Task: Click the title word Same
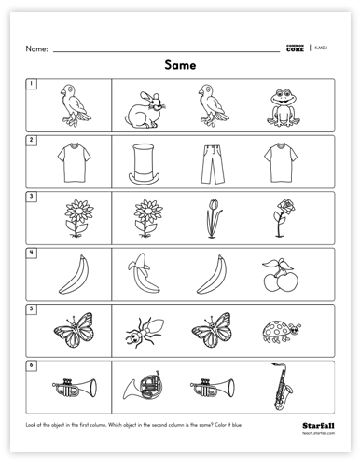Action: pyautogui.click(x=180, y=65)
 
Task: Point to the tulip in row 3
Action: pyautogui.click(x=213, y=217)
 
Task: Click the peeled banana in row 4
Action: pyautogui.click(x=144, y=274)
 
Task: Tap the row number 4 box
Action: pyautogui.click(x=30, y=253)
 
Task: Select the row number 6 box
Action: pyautogui.click(x=30, y=364)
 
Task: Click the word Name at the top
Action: pyautogui.click(x=36, y=48)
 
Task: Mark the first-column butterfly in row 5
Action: pyautogui.click(x=70, y=330)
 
